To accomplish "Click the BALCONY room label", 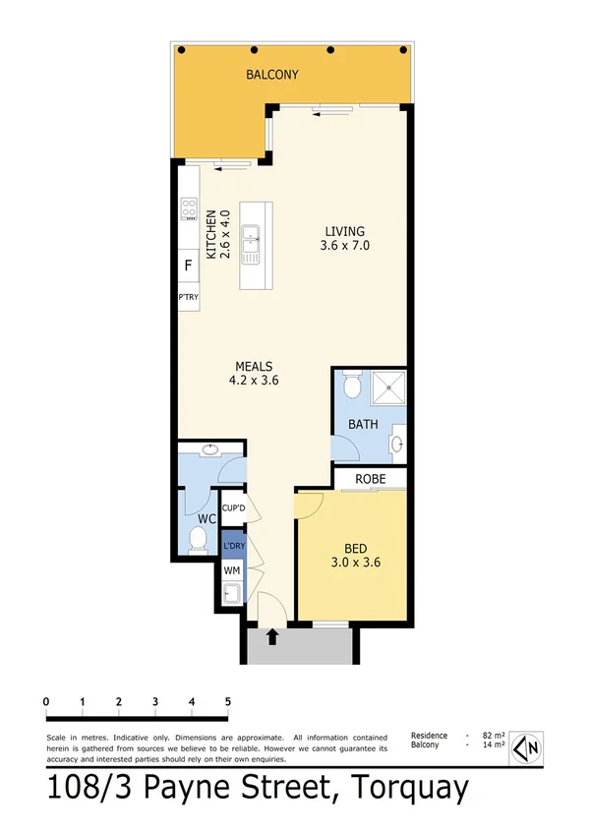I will click(272, 75).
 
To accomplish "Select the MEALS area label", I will click(253, 366).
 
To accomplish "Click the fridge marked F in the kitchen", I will click(188, 265).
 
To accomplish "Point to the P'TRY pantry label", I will click(187, 296).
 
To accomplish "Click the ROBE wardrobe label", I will click(371, 479).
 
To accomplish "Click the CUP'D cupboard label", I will click(233, 508).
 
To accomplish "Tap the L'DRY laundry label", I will click(233, 546).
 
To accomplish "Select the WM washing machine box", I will click(232, 569).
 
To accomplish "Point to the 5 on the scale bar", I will click(228, 701).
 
